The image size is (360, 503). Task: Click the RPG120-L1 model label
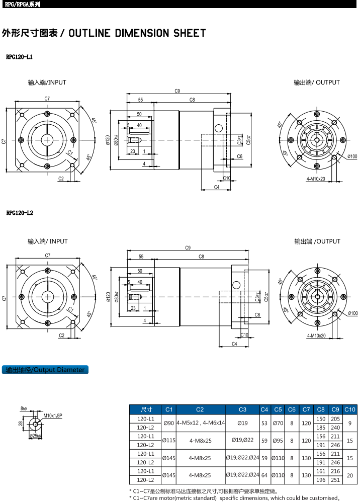(x=20, y=58)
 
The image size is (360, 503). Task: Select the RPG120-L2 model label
(x=20, y=213)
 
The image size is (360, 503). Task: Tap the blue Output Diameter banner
(x=45, y=370)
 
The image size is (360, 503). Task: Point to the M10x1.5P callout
(x=52, y=416)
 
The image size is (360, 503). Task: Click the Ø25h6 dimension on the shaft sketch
(x=35, y=436)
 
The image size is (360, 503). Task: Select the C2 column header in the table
(x=200, y=409)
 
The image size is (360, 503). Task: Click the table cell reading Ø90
(x=169, y=423)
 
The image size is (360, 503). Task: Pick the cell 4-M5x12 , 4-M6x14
(x=200, y=423)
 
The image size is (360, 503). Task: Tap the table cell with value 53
(x=264, y=423)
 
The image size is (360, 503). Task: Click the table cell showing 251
(x=335, y=480)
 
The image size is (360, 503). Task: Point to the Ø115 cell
(x=169, y=441)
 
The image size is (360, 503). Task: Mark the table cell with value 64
(x=264, y=475)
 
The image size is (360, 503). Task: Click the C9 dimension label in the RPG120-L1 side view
(x=177, y=91)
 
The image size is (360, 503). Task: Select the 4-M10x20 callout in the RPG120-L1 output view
(x=316, y=179)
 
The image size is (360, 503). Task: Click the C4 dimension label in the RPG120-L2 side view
(x=234, y=344)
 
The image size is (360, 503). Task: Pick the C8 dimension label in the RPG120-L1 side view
(x=192, y=100)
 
